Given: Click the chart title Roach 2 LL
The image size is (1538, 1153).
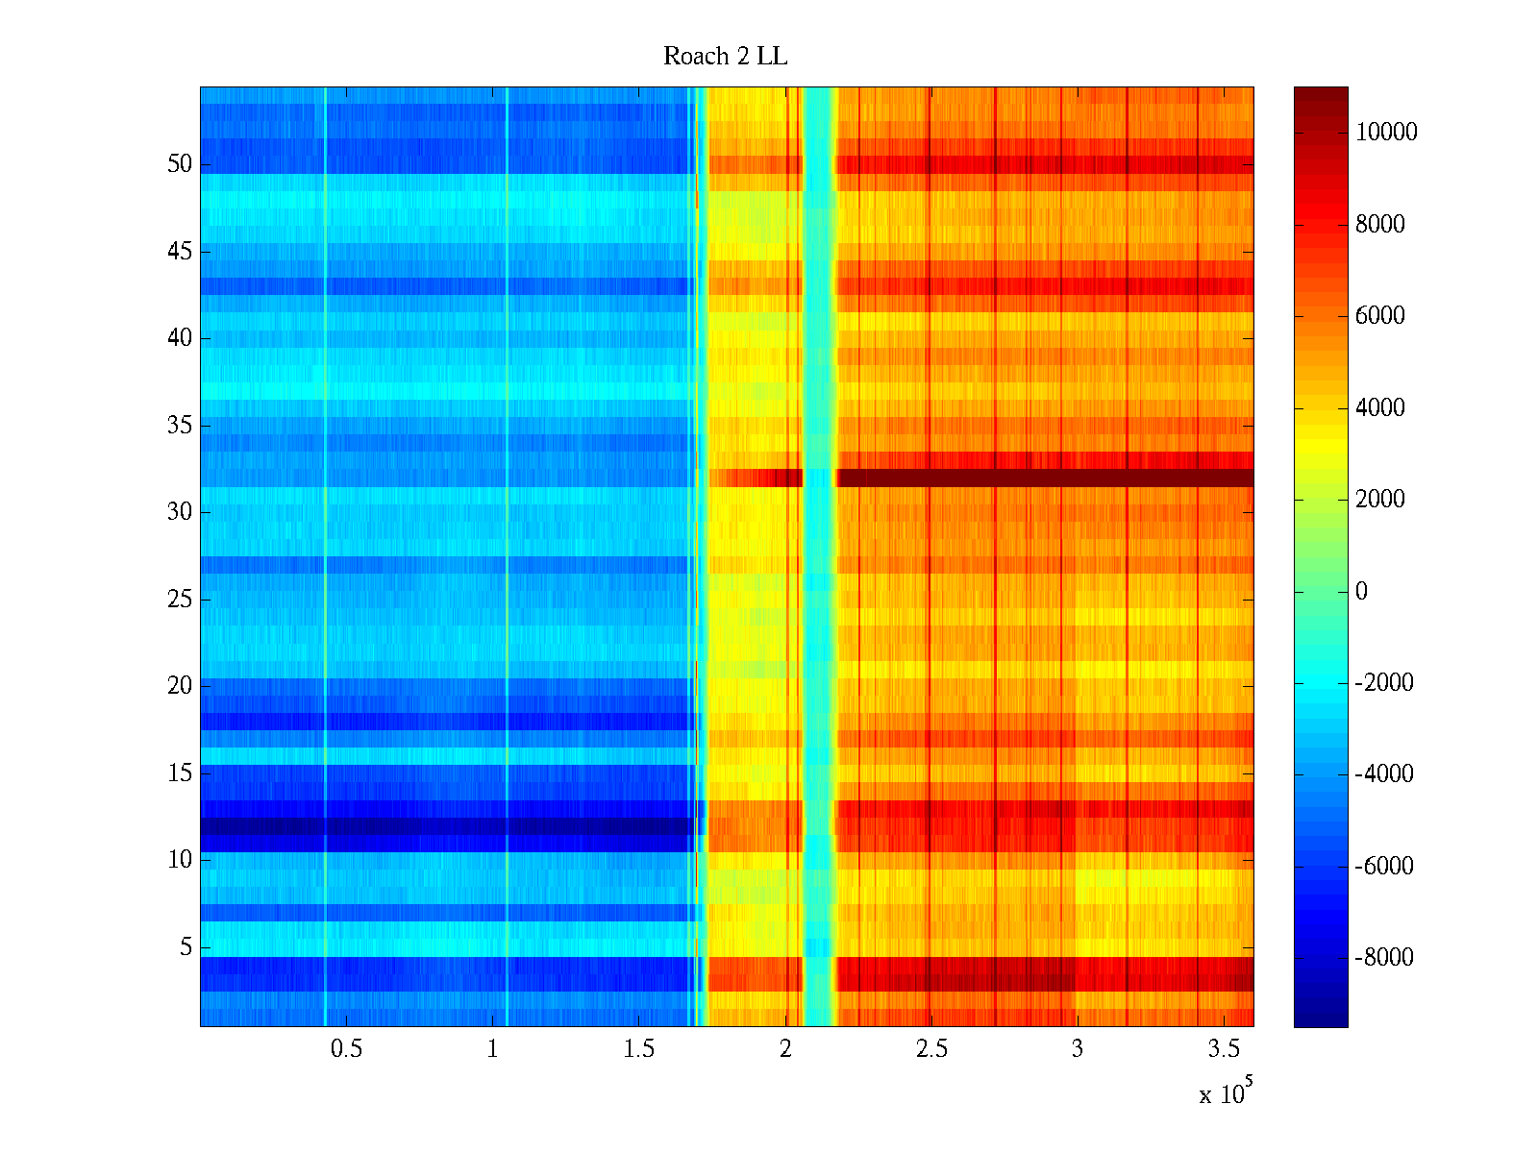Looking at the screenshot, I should (x=725, y=57).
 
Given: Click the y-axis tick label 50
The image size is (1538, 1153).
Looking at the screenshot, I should (x=180, y=164).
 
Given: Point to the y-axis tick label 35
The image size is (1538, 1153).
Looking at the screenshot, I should (x=180, y=426).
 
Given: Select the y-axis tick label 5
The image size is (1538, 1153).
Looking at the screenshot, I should (x=186, y=947).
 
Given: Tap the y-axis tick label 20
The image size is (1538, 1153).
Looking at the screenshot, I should (x=180, y=686).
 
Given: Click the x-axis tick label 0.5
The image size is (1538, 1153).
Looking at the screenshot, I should (x=346, y=1049).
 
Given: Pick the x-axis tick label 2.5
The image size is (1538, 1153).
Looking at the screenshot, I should (x=931, y=1049).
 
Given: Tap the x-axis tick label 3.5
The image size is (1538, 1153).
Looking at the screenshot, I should (x=1224, y=1049).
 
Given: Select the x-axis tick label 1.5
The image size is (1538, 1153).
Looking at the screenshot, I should (x=638, y=1049).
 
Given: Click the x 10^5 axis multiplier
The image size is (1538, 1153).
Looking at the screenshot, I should (x=1225, y=1093).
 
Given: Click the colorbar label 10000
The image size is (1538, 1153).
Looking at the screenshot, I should (x=1386, y=133).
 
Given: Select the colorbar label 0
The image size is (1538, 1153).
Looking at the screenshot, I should (x=1361, y=591).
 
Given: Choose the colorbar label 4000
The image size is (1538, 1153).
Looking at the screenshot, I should (x=1380, y=408).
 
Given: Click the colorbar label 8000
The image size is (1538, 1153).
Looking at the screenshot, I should (x=1380, y=225).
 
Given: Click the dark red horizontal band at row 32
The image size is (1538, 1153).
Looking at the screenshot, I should (x=1043, y=478).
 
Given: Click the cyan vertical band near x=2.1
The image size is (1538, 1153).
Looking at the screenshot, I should (x=818, y=557).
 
